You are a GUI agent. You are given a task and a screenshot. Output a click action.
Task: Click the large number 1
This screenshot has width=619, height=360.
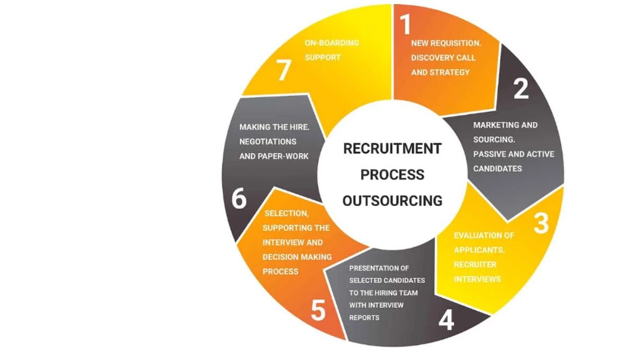[405, 24]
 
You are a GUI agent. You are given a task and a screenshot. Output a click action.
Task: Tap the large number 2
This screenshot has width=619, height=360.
[521, 89]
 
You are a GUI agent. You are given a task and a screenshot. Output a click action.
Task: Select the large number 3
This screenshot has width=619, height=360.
[541, 223]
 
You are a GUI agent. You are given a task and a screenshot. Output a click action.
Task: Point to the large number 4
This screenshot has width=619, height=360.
[446, 319]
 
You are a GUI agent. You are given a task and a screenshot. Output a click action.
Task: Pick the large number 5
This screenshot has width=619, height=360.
[317, 311]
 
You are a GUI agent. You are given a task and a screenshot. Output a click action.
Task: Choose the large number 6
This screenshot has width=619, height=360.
[239, 200]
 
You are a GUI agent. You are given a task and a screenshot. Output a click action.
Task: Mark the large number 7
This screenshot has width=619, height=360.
[284, 70]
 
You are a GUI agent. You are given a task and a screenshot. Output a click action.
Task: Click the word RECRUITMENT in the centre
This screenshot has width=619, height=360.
[392, 149]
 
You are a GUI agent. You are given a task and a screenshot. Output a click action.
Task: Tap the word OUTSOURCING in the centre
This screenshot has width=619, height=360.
[392, 201]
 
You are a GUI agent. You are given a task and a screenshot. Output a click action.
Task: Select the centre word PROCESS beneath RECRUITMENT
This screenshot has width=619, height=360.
[392, 175]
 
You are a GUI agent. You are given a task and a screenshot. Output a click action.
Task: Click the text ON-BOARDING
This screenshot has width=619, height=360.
[332, 43]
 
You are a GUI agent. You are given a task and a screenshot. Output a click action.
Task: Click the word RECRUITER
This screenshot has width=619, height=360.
[475, 264]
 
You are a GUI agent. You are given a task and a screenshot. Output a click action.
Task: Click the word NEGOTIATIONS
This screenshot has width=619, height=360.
[268, 142]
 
